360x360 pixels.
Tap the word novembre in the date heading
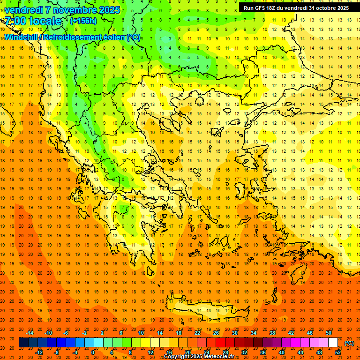pos(71,10)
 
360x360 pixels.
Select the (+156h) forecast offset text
pos(83,21)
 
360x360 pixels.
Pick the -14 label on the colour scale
pos(30,333)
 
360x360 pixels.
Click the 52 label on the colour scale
pos(337,352)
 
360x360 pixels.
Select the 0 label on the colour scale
pos(93,352)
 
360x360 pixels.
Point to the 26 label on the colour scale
pos(216,333)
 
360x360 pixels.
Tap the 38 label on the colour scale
pos(272,333)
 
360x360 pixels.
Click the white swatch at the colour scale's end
pos(333,343)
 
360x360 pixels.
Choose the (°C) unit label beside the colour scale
pos(349,343)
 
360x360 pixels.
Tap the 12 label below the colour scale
pos(150,352)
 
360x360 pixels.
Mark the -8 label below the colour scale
pos(56,352)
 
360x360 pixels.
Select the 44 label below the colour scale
pos(300,352)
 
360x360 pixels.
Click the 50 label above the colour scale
pos(329,333)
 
